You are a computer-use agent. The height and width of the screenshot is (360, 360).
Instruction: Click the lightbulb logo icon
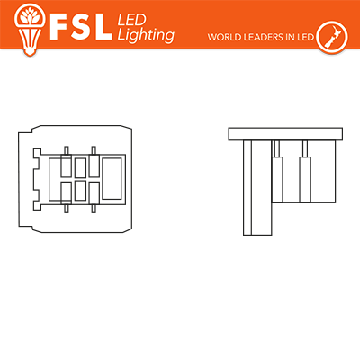point(30,29)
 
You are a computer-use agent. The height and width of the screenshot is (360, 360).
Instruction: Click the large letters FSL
point(81,27)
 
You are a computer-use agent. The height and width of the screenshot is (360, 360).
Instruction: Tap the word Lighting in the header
point(146,35)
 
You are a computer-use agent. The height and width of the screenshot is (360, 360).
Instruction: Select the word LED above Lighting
point(131,20)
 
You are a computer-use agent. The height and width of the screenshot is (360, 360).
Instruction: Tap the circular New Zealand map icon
point(332,37)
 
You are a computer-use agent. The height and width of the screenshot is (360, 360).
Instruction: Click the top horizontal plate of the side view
point(285,134)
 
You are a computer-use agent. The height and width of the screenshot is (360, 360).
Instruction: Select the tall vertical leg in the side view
point(257,187)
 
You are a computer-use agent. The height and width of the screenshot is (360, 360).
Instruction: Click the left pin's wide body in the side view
point(277,179)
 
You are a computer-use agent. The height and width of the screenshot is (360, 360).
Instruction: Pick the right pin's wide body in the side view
point(305,179)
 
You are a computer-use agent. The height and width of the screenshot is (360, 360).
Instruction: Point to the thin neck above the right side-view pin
point(305,148)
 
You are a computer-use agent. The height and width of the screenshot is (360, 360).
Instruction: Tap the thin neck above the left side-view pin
point(277,148)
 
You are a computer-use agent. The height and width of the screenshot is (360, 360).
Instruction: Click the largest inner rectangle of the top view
point(112,178)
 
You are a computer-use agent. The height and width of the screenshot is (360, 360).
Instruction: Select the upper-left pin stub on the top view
point(67,150)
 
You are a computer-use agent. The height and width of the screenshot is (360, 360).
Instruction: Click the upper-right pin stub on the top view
point(94,150)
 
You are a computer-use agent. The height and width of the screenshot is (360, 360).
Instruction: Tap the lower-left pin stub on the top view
point(67,209)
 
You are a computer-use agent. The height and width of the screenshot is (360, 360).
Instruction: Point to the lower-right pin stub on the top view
point(94,209)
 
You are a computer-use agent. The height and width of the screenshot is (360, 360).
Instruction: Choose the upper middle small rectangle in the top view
point(80,168)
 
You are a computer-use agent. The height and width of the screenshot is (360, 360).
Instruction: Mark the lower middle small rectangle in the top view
point(80,191)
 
